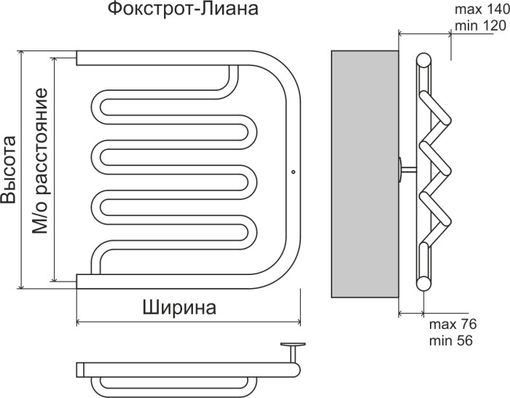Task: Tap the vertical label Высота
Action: click(9, 170)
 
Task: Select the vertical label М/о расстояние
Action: click(41, 161)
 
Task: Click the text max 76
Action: click(452, 324)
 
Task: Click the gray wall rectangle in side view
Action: click(365, 175)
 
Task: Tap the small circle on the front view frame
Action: click(292, 172)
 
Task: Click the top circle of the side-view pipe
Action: click(423, 59)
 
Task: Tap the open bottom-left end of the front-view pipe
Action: click(78, 279)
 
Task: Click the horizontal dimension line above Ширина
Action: click(189, 322)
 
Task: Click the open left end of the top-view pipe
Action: click(79, 369)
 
